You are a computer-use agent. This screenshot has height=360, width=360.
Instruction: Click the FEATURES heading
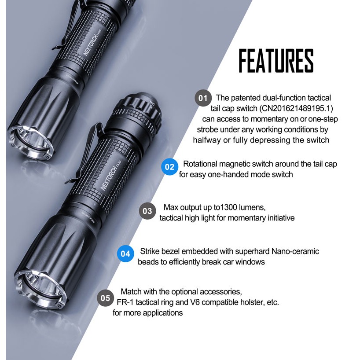tap(276, 61)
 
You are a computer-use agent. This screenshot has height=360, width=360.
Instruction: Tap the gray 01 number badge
tap(203, 98)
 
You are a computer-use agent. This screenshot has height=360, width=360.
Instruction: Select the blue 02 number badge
tap(170, 167)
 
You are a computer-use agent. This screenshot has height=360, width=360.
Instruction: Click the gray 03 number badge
tap(147, 211)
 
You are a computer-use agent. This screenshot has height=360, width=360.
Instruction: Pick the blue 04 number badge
tap(125, 253)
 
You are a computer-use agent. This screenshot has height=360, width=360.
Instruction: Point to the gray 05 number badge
tap(105, 298)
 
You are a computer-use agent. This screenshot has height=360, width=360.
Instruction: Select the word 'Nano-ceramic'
tap(295, 251)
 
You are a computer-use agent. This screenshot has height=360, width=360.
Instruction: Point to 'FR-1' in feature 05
tap(125, 302)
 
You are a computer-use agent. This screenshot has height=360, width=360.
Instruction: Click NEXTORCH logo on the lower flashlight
tap(110, 176)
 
